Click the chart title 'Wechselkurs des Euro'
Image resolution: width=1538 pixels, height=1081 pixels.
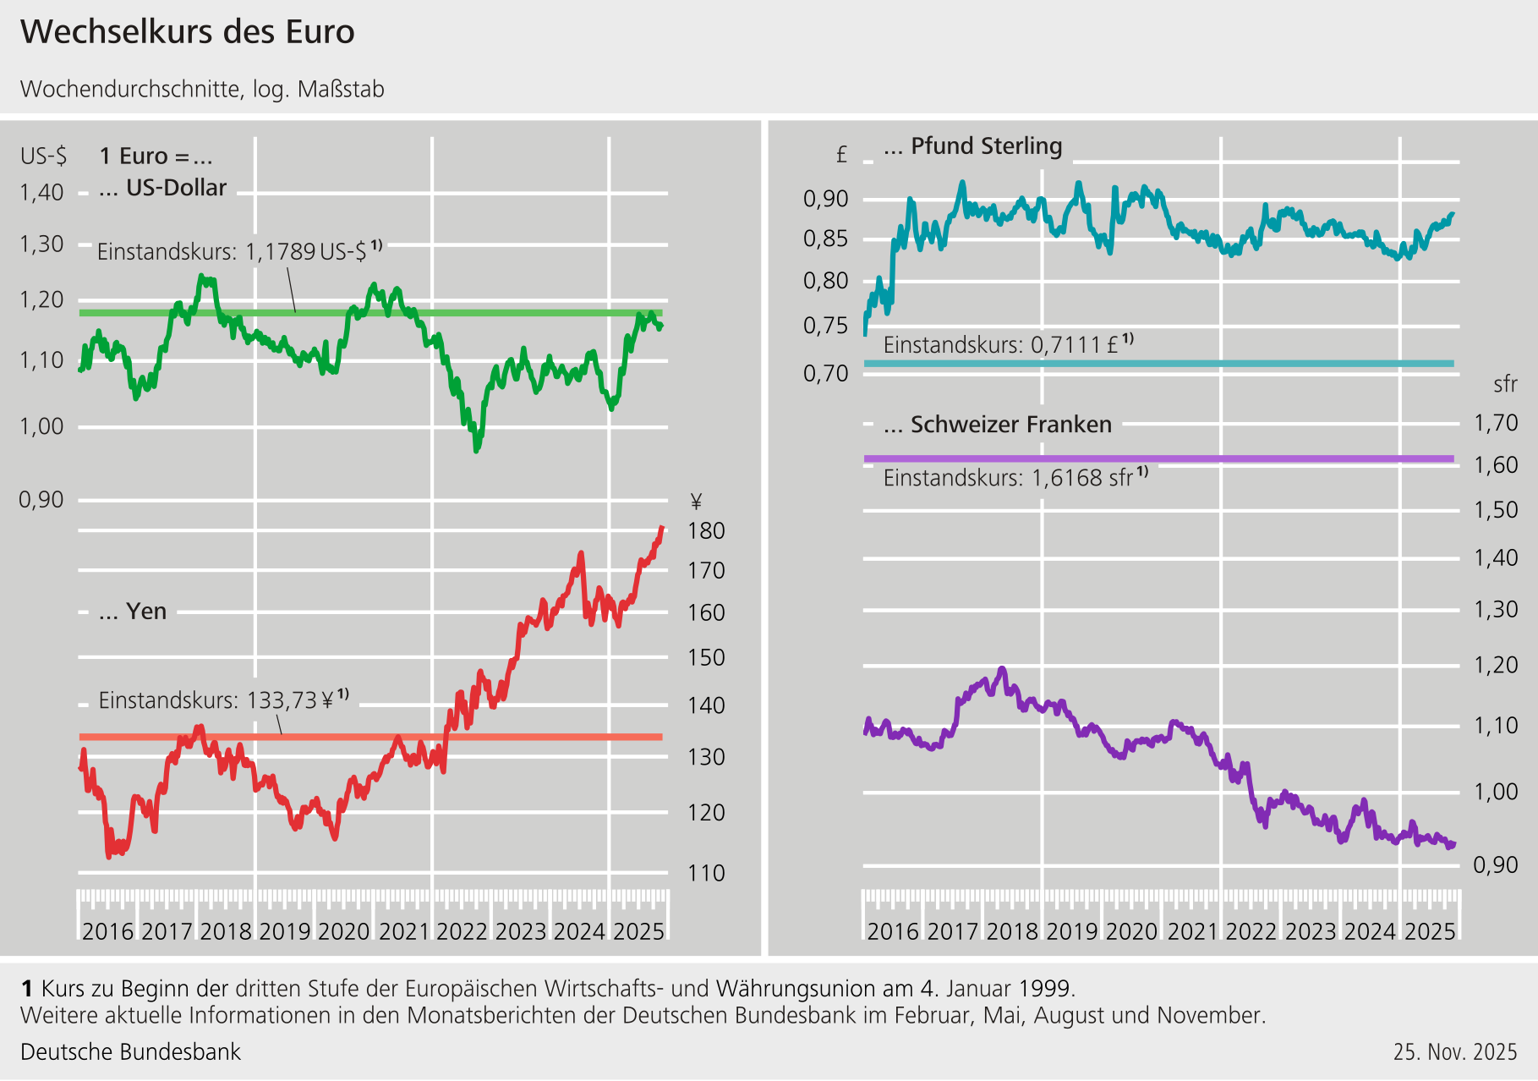(188, 32)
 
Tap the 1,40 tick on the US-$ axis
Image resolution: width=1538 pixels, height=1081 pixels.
(42, 193)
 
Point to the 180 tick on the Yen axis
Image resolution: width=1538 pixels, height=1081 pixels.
(707, 531)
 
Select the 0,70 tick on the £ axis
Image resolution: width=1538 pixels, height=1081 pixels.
(826, 373)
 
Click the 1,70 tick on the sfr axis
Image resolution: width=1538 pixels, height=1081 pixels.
(1496, 423)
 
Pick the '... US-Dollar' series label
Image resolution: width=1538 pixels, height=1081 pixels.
(163, 188)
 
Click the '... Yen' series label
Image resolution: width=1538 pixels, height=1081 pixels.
(133, 612)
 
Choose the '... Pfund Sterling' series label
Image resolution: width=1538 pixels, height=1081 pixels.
(973, 146)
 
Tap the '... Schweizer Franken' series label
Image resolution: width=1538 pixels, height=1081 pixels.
(998, 425)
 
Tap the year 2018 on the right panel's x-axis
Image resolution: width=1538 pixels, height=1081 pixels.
(1012, 931)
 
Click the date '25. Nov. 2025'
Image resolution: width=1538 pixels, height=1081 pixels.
(1455, 1052)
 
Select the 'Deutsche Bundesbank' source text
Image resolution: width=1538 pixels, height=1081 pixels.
(131, 1052)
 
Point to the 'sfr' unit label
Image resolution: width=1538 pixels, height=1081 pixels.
(1505, 385)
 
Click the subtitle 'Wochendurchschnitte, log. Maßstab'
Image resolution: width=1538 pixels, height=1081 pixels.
(203, 90)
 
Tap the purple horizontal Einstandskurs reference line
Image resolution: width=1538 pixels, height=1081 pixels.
(1158, 458)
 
